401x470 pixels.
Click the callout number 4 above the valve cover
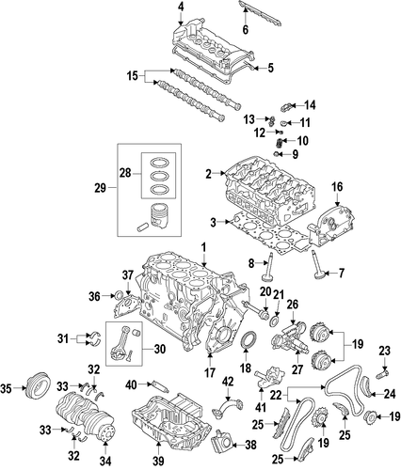click(181, 7)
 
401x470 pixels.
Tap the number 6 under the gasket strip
click(246, 29)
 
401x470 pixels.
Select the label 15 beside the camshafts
click(133, 76)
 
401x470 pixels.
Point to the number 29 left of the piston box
click(101, 188)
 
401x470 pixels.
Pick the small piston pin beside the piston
click(143, 227)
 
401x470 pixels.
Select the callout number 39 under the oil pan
click(159, 461)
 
